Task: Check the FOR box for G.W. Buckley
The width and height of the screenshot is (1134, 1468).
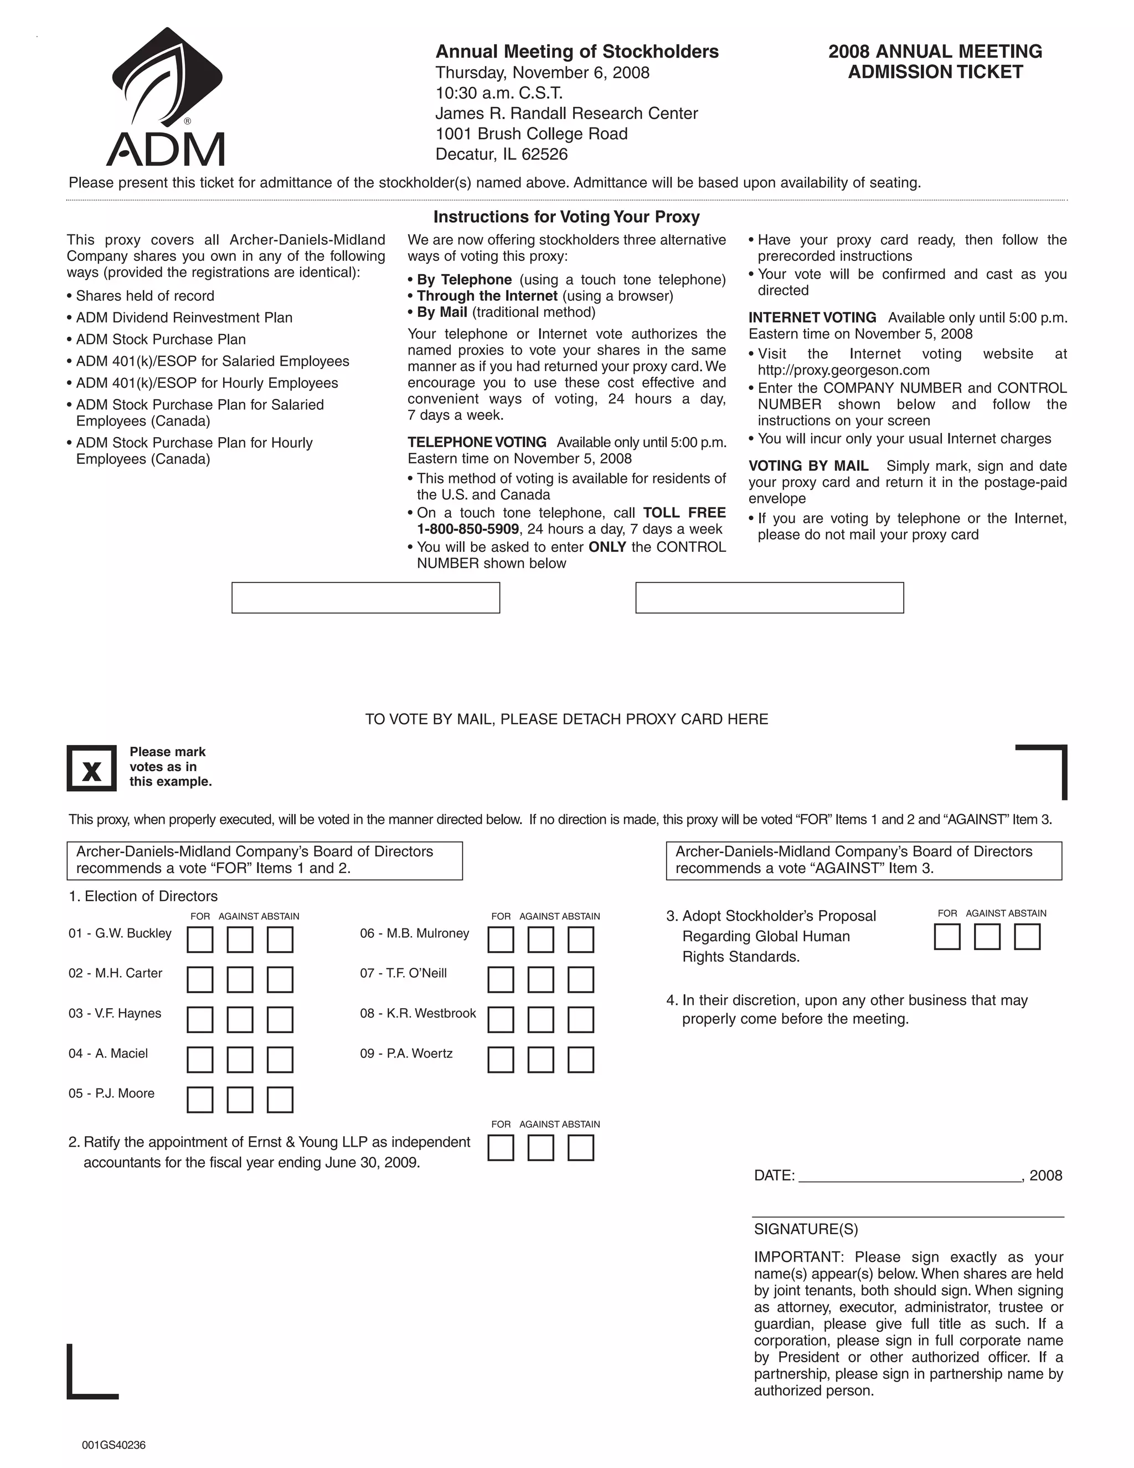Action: (x=199, y=940)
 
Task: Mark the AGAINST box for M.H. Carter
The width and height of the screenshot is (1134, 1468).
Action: (x=240, y=979)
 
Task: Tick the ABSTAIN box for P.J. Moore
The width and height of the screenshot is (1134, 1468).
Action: (x=280, y=1100)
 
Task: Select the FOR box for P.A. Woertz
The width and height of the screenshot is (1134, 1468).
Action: (x=501, y=1059)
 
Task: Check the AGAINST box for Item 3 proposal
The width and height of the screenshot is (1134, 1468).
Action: (x=987, y=936)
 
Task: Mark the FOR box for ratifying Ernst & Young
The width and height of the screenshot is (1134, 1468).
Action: (x=501, y=1147)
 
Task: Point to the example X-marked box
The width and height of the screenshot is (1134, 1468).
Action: (x=92, y=768)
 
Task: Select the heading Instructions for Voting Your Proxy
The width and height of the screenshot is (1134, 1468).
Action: (x=566, y=217)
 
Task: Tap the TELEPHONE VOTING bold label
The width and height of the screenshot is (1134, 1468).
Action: (x=476, y=442)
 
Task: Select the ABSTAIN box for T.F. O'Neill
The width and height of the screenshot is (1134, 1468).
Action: (x=580, y=979)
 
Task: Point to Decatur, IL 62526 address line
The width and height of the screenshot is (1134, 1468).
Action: (x=501, y=154)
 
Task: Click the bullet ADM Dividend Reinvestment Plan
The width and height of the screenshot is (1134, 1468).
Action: (x=184, y=317)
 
